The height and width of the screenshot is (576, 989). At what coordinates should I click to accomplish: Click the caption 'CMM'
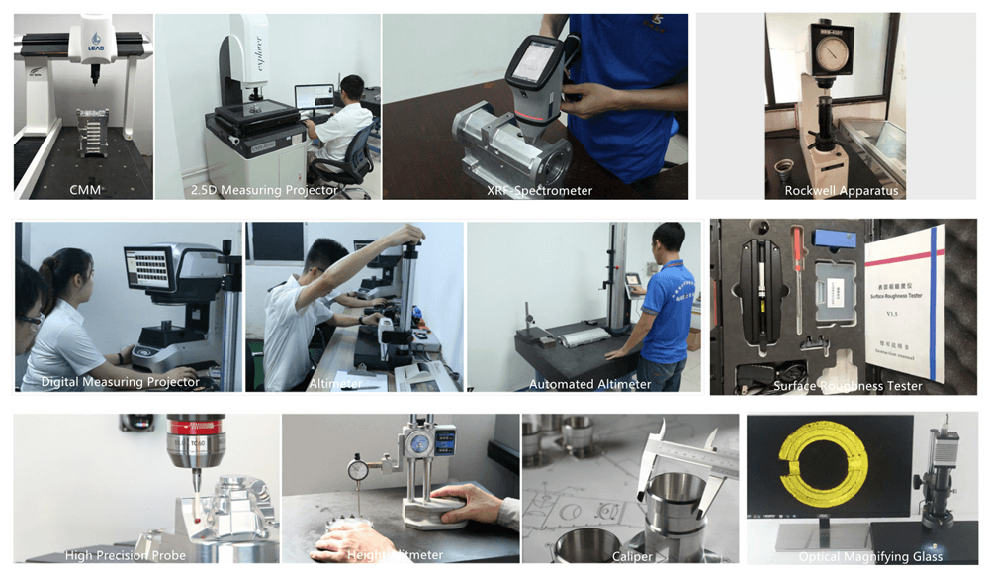coord(85,189)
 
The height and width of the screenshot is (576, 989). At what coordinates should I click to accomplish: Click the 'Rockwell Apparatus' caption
coord(841,190)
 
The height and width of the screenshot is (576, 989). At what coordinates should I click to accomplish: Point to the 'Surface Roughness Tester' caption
coord(848,386)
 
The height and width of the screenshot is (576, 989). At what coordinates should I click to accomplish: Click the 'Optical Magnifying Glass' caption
coord(870,556)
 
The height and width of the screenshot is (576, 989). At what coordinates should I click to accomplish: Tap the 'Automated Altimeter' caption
coord(590,384)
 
